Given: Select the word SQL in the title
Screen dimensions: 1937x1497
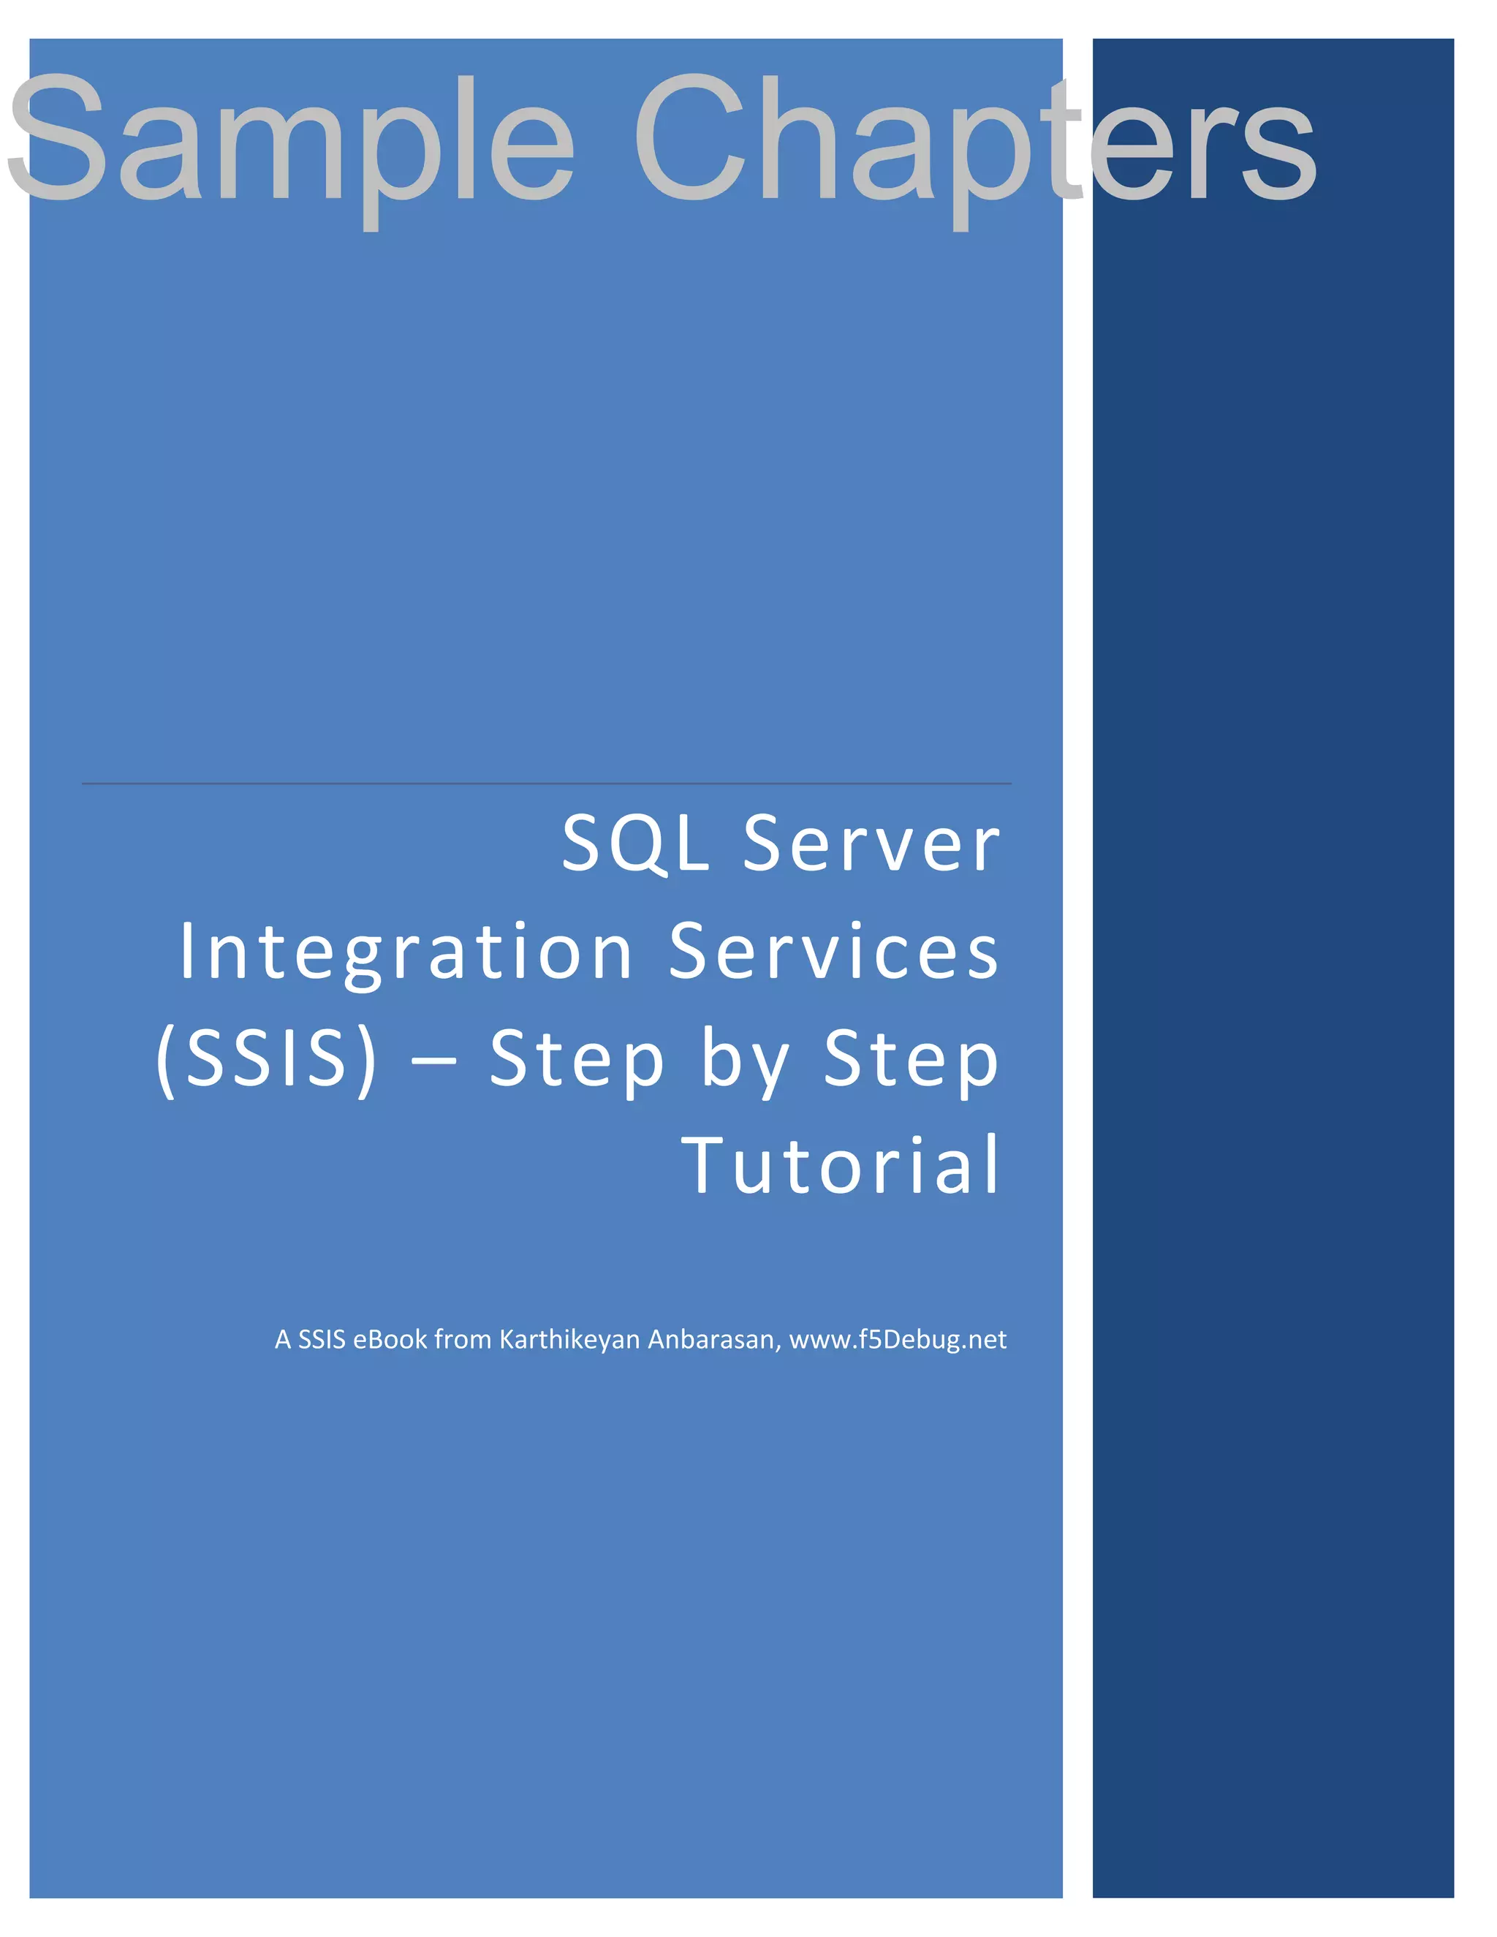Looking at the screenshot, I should click(x=636, y=844).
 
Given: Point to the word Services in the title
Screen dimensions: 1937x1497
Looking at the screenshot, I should click(x=833, y=951).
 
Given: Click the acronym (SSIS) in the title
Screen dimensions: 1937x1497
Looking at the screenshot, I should click(x=267, y=1059).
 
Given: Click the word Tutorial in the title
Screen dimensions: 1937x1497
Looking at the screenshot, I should click(x=841, y=1165).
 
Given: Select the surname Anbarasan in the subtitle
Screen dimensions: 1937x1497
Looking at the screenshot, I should click(x=715, y=1339).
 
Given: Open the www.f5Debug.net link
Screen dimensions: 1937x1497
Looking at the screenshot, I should click(x=898, y=1339).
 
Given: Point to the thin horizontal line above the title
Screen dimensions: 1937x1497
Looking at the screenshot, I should click(x=546, y=783).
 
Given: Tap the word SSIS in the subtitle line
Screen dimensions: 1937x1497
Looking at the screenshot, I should click(x=321, y=1339).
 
